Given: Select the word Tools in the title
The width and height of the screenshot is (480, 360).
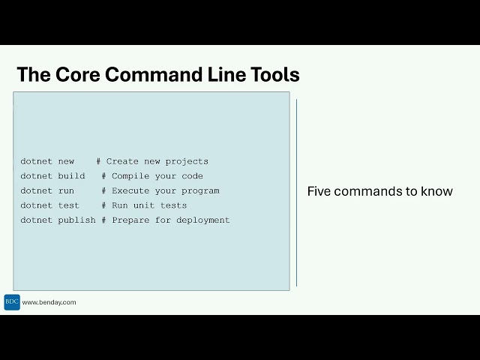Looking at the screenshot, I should point(275,75).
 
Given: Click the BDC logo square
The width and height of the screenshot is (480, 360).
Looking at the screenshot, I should point(12,302).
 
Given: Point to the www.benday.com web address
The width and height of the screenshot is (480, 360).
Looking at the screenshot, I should point(49,302).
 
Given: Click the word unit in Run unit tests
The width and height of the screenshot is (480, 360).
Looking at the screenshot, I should point(144,205).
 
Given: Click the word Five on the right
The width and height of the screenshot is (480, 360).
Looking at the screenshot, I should point(319,191).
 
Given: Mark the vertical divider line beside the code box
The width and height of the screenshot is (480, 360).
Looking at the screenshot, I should point(296,192).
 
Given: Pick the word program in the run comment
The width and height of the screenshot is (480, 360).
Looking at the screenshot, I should point(200,190).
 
